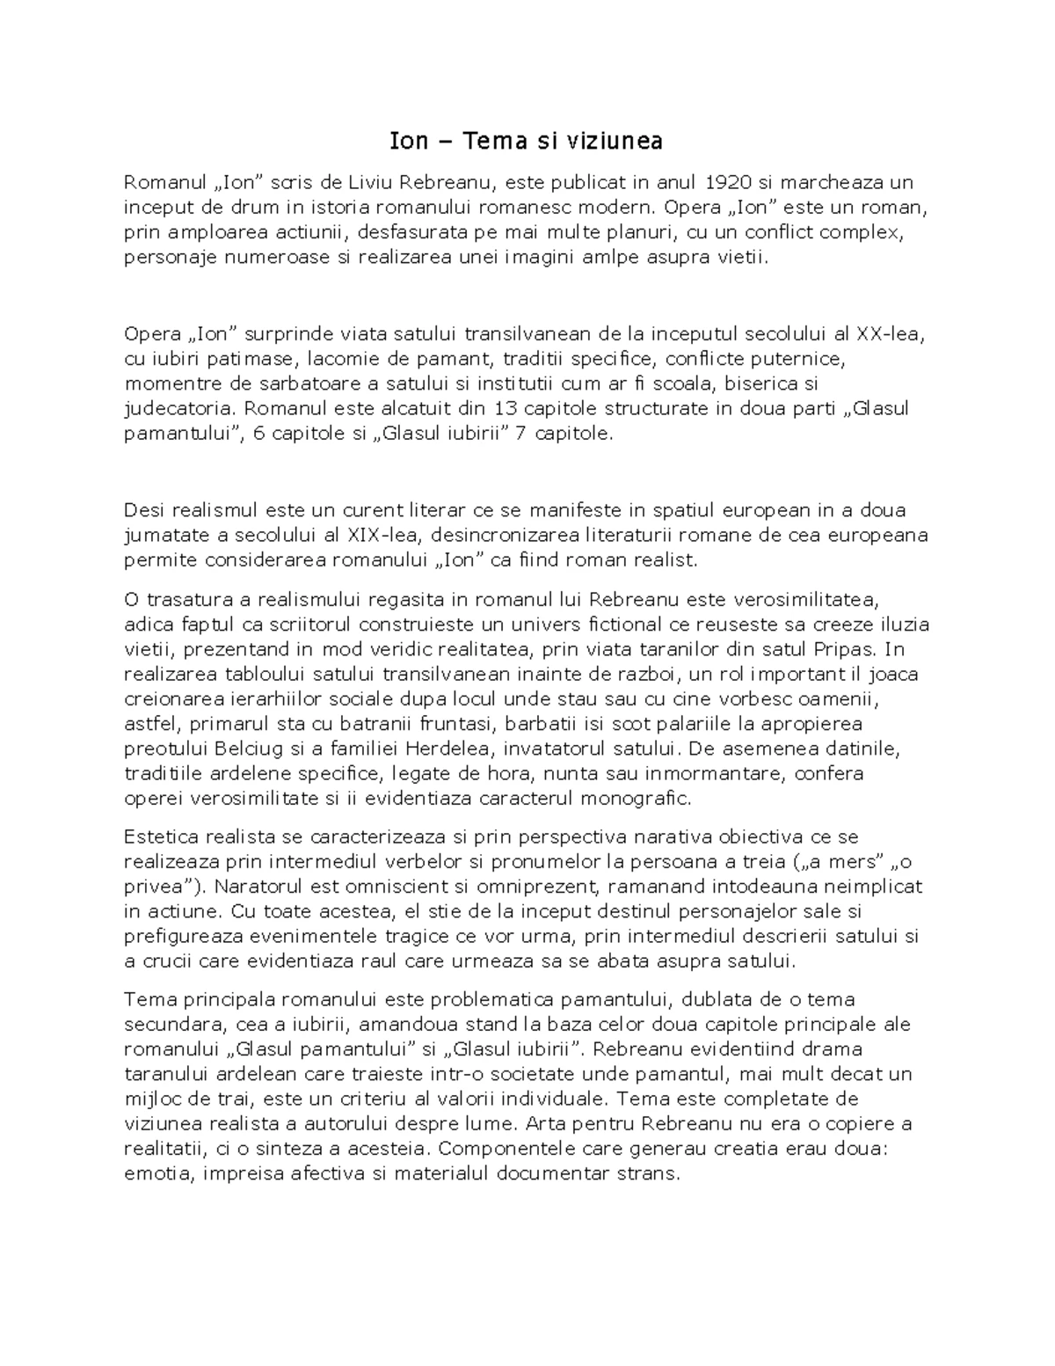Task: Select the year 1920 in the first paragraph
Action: pyautogui.click(x=729, y=183)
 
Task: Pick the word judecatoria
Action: pyautogui.click(x=180, y=408)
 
